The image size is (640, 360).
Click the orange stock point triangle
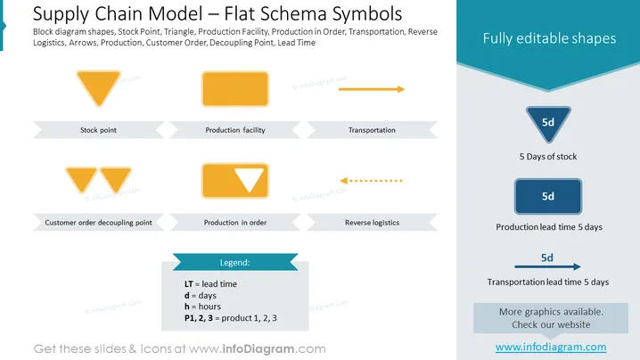[98, 86]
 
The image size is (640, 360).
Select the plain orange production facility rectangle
[235, 89]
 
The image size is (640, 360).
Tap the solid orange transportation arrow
[372, 89]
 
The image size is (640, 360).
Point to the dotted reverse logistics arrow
[372, 180]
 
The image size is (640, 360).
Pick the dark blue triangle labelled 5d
[548, 122]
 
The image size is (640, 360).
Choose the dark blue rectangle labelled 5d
[548, 196]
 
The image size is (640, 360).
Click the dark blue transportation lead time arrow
[547, 266]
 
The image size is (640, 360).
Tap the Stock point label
[98, 130]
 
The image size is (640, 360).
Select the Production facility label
[235, 130]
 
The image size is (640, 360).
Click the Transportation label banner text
[372, 130]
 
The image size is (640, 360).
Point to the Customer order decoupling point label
[98, 223]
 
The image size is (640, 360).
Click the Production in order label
[235, 223]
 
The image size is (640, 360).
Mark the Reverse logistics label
[372, 223]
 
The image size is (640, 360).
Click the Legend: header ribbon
[235, 262]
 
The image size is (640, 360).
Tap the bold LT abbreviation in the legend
[189, 284]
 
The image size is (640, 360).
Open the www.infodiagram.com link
[551, 347]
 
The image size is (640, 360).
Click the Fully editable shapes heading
[549, 38]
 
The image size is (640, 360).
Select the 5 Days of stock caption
[548, 156]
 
